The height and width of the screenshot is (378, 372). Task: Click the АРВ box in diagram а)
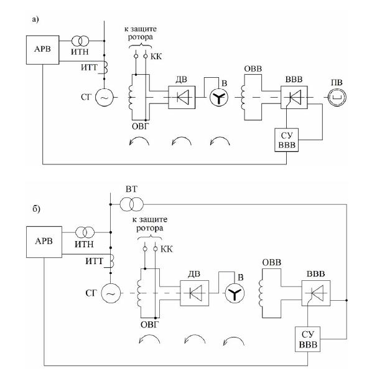(x=43, y=50)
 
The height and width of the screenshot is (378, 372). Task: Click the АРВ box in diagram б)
(x=44, y=242)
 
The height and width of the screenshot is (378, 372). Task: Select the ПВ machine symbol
(x=337, y=97)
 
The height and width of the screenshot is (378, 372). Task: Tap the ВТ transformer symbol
(x=132, y=204)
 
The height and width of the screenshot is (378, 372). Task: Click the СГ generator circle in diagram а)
(x=105, y=97)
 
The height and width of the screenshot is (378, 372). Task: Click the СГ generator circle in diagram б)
(x=111, y=293)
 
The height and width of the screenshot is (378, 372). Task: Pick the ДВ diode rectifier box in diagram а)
(x=182, y=97)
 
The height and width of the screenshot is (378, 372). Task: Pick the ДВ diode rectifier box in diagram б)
(x=195, y=293)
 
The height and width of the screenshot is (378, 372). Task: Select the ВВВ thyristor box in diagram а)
(x=294, y=97)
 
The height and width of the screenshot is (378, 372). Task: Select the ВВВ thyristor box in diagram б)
(x=316, y=293)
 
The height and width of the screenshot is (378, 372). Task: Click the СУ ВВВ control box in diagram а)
(x=287, y=140)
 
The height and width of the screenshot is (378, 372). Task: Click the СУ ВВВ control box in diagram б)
(x=307, y=339)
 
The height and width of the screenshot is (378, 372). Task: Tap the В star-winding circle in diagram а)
(x=218, y=97)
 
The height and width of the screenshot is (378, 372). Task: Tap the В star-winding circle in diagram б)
(x=235, y=293)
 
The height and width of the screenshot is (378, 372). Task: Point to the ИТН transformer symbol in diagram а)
(x=80, y=41)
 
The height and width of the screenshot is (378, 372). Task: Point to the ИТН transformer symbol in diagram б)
(x=85, y=232)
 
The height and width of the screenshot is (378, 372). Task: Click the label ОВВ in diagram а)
(x=253, y=69)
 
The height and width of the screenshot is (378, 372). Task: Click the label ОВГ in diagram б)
(x=149, y=324)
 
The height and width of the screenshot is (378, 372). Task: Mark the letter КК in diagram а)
(x=156, y=57)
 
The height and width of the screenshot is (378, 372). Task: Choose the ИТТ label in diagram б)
(x=94, y=261)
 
